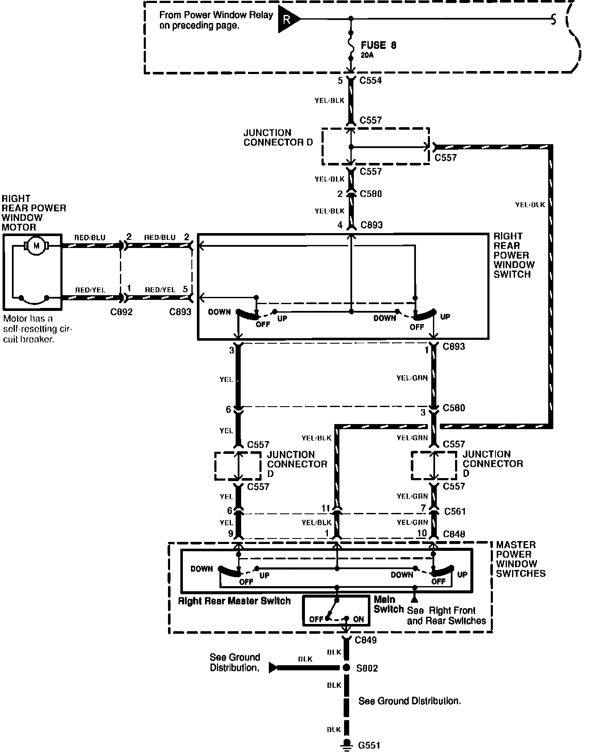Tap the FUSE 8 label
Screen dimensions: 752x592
point(378,46)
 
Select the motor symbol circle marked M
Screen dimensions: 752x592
point(36,245)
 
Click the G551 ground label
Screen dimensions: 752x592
point(369,745)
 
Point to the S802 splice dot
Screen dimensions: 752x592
point(347,668)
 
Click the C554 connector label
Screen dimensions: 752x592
point(370,80)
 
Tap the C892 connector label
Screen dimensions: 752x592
point(121,312)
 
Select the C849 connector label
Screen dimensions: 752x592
point(365,640)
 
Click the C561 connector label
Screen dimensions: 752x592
point(455,511)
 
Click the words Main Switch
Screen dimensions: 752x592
point(388,604)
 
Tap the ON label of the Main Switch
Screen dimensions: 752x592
point(358,619)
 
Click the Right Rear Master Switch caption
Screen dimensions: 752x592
point(234,601)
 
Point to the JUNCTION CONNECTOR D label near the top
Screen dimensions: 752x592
point(278,137)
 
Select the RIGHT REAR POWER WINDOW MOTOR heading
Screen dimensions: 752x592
point(34,213)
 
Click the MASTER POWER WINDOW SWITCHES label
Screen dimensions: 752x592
point(521,559)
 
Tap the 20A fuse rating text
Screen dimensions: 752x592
point(367,55)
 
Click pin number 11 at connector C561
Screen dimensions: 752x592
point(325,508)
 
